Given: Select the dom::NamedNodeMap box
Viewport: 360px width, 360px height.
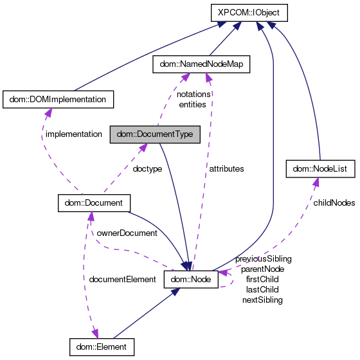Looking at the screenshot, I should coord(200,64).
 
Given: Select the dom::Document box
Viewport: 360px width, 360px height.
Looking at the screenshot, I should coord(94,203).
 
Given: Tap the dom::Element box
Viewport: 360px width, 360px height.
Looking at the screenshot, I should coord(102,346).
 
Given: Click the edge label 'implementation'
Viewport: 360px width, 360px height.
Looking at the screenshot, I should coord(73,134).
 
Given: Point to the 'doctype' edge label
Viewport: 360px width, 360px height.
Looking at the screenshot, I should coord(147,168).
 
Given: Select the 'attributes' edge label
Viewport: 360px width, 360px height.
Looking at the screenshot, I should coord(226,168).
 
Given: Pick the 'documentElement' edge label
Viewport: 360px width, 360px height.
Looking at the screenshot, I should coord(122,279).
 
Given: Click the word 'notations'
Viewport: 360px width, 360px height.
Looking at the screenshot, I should coord(194,94).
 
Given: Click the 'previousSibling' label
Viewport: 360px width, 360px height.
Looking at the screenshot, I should coord(263,258).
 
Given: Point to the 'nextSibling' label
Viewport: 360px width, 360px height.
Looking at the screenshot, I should coord(262,300).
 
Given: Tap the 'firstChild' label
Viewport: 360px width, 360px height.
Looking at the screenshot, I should coord(262,279).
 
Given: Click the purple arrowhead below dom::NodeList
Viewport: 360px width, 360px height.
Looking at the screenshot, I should coord(316,183).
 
